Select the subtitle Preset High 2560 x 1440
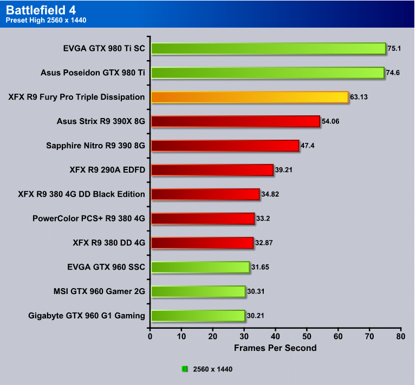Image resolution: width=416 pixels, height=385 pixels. click(45, 21)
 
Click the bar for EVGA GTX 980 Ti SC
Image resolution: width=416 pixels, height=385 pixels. click(268, 49)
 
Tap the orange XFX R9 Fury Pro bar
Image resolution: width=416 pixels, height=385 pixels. click(249, 97)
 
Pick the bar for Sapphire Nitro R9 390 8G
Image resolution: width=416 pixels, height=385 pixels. click(225, 146)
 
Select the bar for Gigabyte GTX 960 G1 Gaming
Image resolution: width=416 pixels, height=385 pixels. click(198, 316)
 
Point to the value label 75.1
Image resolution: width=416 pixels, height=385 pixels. click(394, 49)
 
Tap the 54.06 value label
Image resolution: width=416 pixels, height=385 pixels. click(331, 122)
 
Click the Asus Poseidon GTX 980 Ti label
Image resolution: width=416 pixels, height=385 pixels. click(93, 73)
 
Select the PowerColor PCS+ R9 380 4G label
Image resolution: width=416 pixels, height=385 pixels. click(89, 219)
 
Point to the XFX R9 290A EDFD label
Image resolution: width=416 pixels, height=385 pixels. click(107, 170)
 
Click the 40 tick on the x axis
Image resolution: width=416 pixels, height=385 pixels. click(276, 336)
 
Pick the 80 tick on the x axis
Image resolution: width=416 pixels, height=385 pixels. click(401, 336)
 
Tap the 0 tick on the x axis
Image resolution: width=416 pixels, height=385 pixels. click(151, 336)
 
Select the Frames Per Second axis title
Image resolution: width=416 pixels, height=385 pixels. click(275, 348)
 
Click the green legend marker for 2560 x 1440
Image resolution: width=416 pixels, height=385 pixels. click(185, 369)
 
